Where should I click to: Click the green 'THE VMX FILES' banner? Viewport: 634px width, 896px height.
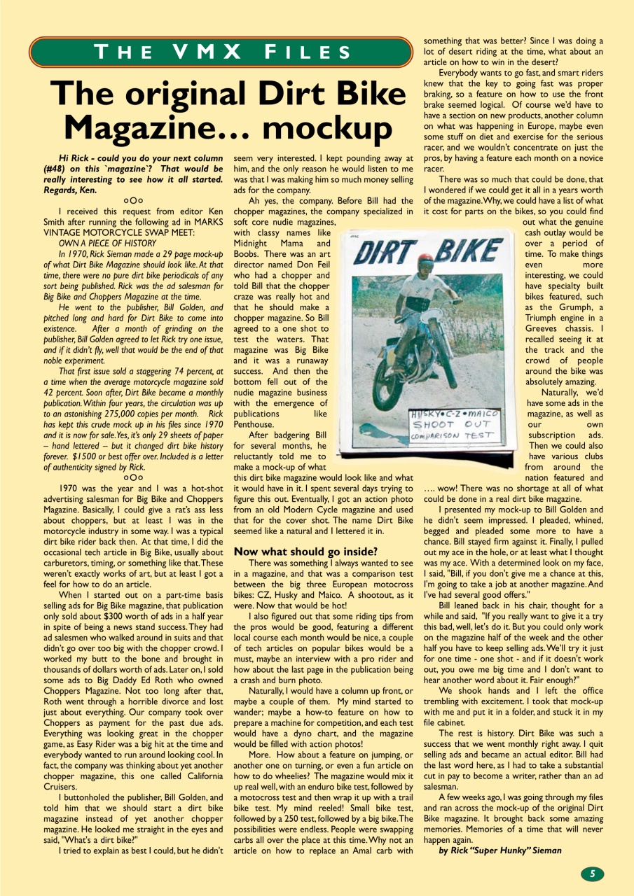click(x=221, y=52)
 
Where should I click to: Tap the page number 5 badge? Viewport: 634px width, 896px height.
click(x=592, y=873)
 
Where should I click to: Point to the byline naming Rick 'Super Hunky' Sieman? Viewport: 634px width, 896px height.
click(x=500, y=850)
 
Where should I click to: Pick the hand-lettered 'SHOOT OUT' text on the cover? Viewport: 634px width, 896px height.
click(x=456, y=424)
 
